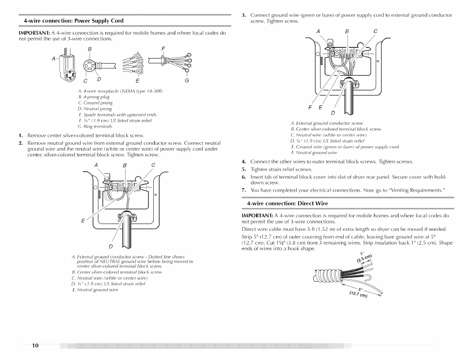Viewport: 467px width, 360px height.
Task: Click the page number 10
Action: tap(35, 345)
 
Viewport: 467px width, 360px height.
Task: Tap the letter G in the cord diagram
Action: tap(187, 80)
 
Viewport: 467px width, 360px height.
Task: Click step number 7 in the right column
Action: tap(243, 190)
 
